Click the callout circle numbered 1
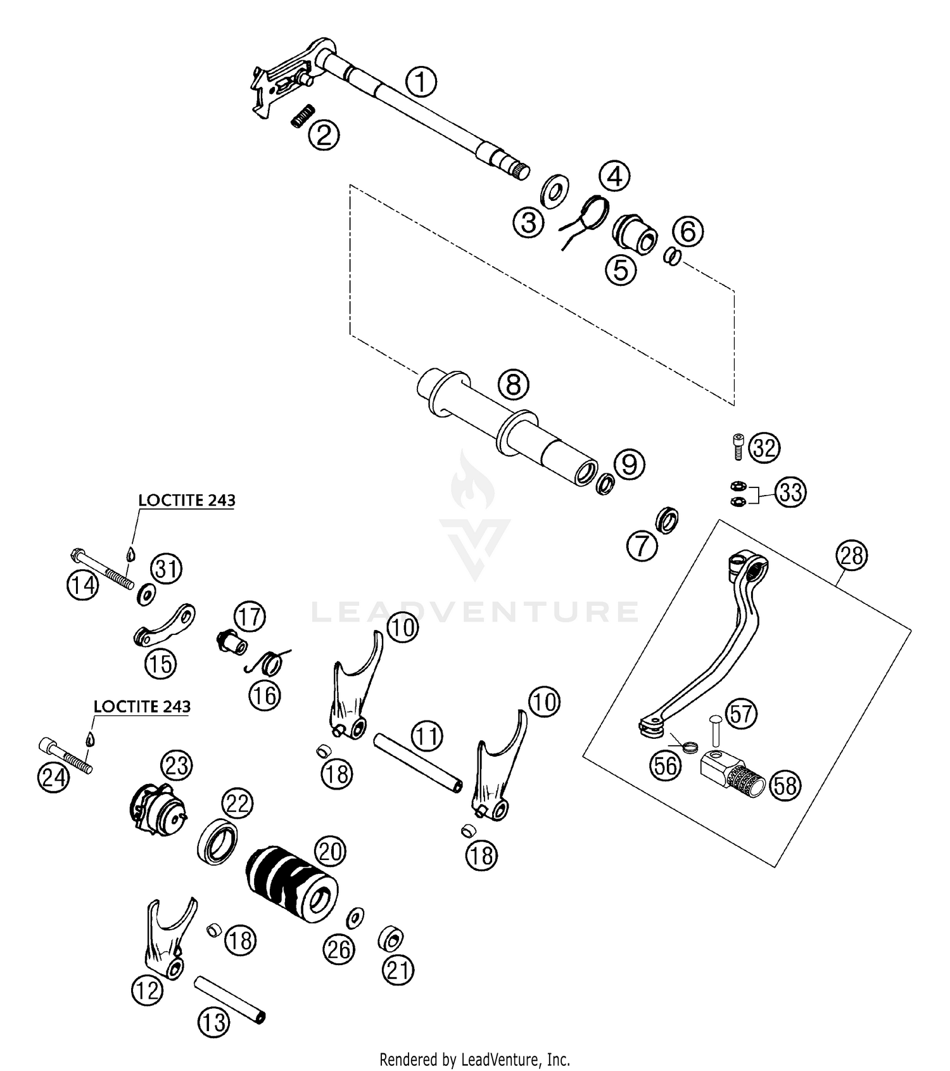[x=421, y=82]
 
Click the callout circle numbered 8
[x=514, y=384]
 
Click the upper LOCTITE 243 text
[x=187, y=501]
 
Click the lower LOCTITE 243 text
[x=142, y=707]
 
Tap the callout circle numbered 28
[x=852, y=555]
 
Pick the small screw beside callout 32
[x=738, y=447]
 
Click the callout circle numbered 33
[x=790, y=492]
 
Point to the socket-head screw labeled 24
[x=65, y=754]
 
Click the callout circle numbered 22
[x=237, y=805]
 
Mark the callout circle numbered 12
[x=147, y=990]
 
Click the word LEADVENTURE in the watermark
[x=475, y=612]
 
